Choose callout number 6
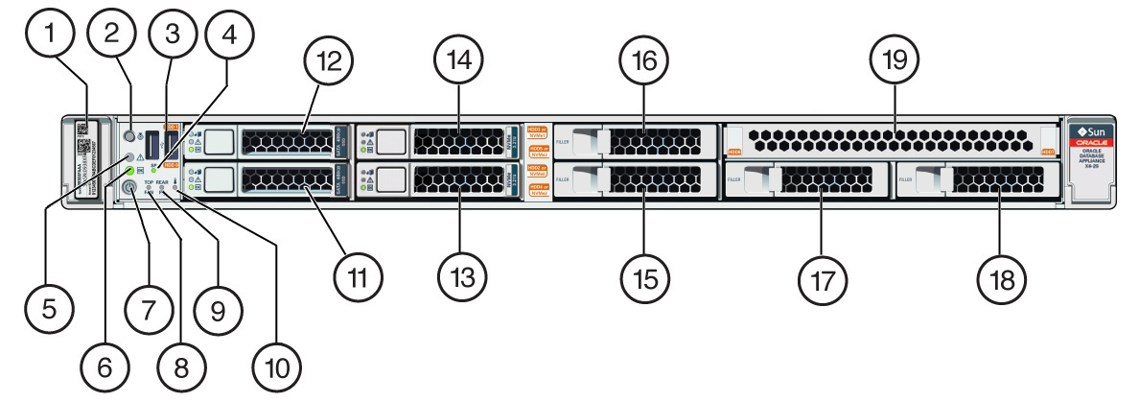(x=103, y=366)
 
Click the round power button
(x=132, y=190)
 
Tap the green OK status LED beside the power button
(x=129, y=171)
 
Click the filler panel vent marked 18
(x=997, y=179)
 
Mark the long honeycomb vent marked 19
(x=892, y=140)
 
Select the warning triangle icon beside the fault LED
(x=140, y=156)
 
